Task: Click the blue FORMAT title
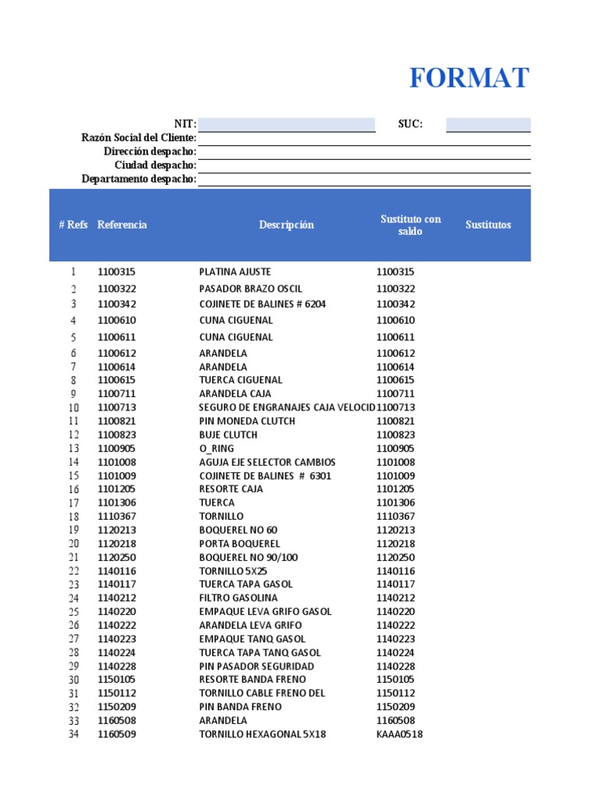click(469, 79)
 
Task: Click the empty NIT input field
click(286, 125)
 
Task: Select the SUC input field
click(488, 125)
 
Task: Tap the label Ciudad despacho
click(155, 165)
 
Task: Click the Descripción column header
click(286, 225)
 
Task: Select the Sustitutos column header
click(488, 225)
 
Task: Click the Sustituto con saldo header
click(410, 225)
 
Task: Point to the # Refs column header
click(73, 225)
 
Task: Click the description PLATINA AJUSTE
click(235, 272)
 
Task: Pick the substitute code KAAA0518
click(399, 734)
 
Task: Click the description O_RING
click(216, 449)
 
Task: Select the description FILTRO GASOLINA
click(238, 598)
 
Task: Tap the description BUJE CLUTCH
click(228, 435)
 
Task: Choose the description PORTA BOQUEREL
click(239, 544)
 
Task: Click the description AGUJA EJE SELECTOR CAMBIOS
click(267, 462)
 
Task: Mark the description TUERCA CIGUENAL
click(240, 380)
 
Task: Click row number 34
click(73, 734)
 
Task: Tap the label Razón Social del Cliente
click(139, 138)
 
